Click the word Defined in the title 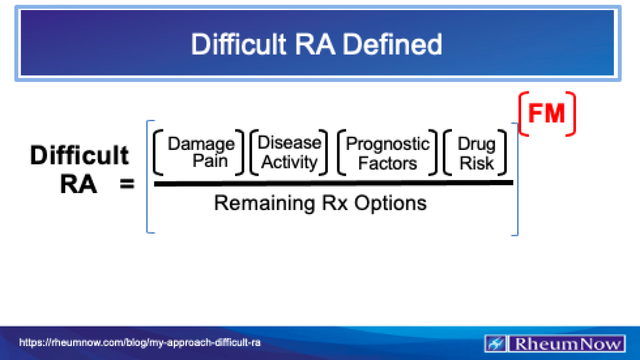point(392,44)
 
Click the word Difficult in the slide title point(239,44)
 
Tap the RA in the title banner point(315,44)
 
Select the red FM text point(546,114)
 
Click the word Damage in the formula point(201,144)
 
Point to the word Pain point(210,161)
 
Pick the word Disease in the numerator point(289,143)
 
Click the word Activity point(289,162)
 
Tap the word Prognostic point(388,144)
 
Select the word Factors point(387,163)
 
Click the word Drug point(476,144)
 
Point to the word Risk point(476,163)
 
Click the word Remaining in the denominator point(264,203)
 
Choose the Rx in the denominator point(334,203)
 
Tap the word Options point(390,203)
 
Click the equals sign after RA point(127,184)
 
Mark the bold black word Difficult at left point(80,155)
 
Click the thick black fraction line point(333,183)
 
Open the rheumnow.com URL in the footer point(140,343)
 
